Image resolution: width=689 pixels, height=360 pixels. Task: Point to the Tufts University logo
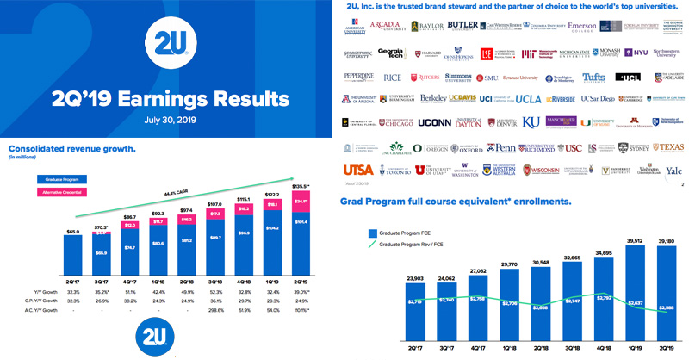click(594, 77)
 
